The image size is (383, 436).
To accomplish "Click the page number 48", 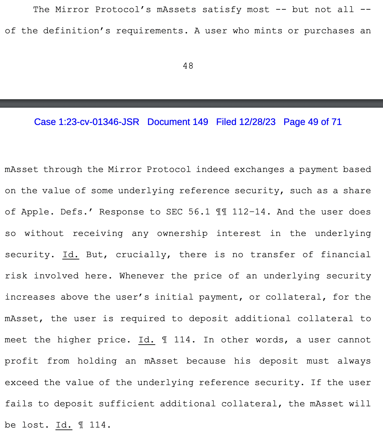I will click(x=188, y=66).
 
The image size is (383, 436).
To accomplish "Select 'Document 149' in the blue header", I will click(x=177, y=122).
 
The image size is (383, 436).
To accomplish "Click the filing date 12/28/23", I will click(x=257, y=122).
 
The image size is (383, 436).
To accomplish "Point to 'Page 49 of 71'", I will click(x=312, y=122).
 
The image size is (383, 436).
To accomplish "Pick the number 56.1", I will click(x=199, y=212).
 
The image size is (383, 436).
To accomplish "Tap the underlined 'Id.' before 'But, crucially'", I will click(x=70, y=255).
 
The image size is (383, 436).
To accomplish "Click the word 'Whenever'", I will click(x=142, y=276).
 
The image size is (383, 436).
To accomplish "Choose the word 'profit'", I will click(x=22, y=361).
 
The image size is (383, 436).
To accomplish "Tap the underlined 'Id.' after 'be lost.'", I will click(x=64, y=425).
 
